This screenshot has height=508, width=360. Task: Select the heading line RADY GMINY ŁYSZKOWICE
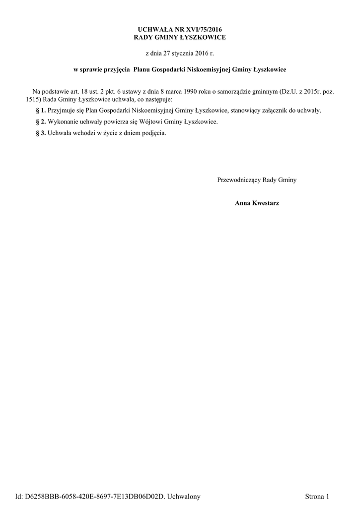180,38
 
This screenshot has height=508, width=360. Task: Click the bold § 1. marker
41,110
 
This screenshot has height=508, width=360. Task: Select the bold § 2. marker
41,122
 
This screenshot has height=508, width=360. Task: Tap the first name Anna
243,203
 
